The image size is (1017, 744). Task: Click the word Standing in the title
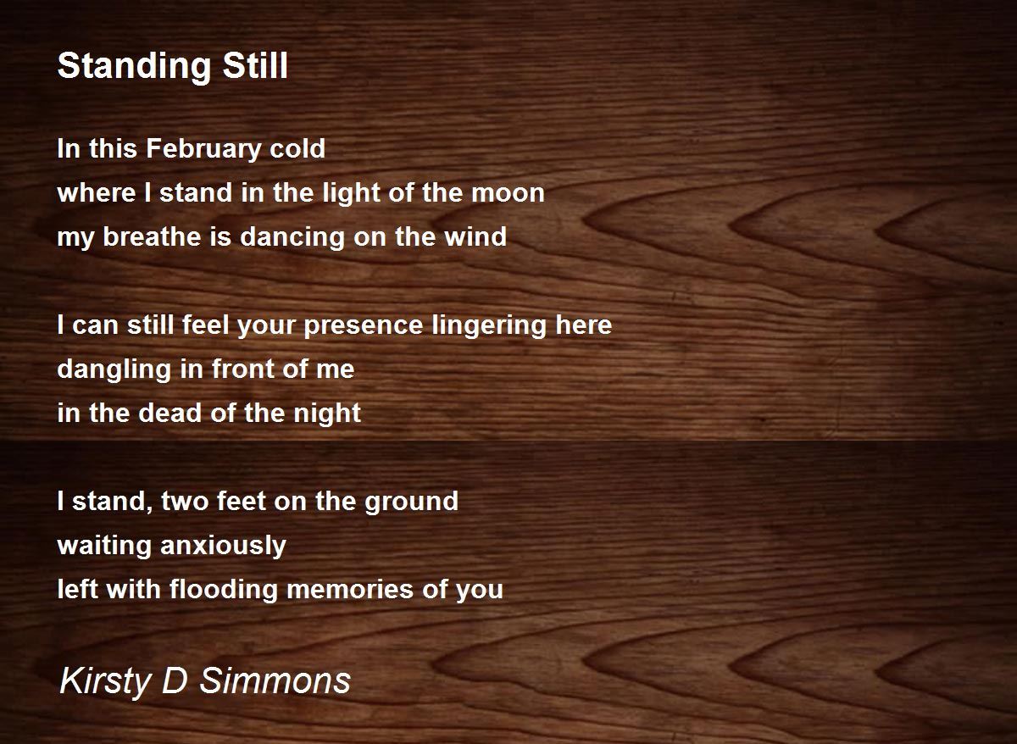(x=135, y=67)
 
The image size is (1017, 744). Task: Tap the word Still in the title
(x=255, y=65)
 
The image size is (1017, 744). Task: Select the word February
(x=203, y=150)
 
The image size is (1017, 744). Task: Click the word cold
(x=297, y=148)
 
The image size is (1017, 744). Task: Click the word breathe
(x=152, y=237)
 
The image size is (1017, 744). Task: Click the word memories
(x=350, y=590)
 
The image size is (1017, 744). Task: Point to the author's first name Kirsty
(x=105, y=682)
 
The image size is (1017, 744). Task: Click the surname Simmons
(x=275, y=681)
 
